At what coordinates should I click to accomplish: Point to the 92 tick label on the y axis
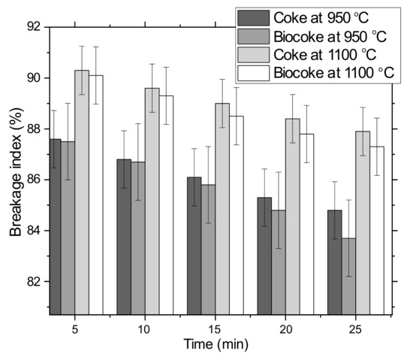coord(33,27)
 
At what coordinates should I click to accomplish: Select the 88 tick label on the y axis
coord(33,129)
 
